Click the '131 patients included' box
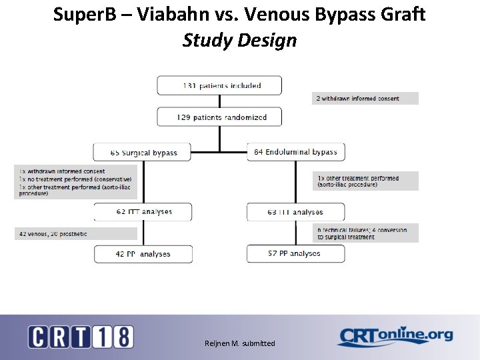tap(219, 85)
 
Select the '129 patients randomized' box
tap(219, 117)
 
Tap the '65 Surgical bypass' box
tap(142, 152)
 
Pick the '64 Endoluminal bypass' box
tap(296, 152)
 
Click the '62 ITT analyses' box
tap(143, 212)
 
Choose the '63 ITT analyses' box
tap(296, 212)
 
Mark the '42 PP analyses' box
tap(143, 254)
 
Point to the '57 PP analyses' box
tap(296, 253)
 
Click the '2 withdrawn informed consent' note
tap(365, 99)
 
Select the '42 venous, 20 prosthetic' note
tap(76, 234)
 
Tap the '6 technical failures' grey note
tap(365, 233)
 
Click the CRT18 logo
tap(81, 336)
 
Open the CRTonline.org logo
tap(395, 336)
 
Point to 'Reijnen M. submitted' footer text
tap(239, 343)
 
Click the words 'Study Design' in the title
tap(239, 40)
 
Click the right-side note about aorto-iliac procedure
tap(365, 181)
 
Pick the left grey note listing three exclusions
tap(76, 182)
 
